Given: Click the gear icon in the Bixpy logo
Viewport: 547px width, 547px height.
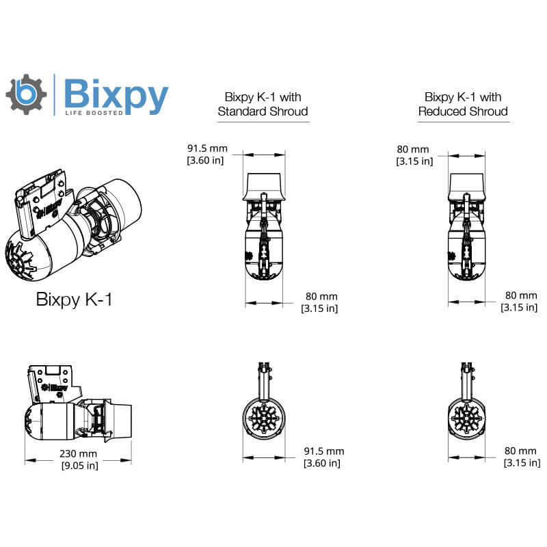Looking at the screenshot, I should [27, 94].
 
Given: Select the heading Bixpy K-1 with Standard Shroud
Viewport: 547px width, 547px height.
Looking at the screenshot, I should [263, 104].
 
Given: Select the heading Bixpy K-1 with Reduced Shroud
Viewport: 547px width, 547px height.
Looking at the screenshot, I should [463, 104].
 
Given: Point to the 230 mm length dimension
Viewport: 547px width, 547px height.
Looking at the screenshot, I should [78, 453].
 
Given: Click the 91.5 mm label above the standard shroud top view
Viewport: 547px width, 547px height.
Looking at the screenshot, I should [207, 148].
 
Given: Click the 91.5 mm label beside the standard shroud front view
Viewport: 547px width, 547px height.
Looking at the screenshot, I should [324, 451].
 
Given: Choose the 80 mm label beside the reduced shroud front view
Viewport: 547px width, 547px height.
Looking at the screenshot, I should [520, 451].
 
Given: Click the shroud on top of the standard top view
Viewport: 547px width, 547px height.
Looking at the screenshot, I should [263, 185].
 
